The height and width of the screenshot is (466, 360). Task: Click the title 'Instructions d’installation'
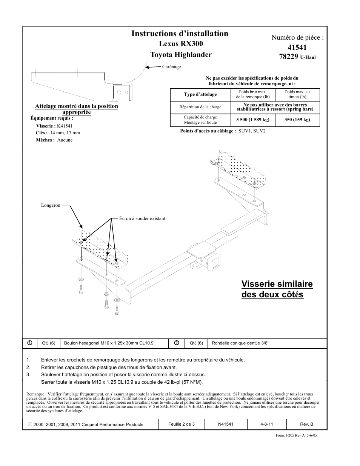(x=180, y=34)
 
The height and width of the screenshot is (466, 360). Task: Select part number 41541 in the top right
(x=297, y=48)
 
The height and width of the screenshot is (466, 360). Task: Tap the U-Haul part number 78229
(x=289, y=57)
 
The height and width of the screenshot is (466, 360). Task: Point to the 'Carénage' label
(x=171, y=67)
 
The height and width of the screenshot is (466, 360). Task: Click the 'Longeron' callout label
(x=51, y=206)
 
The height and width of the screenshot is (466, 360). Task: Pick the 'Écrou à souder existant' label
(x=142, y=218)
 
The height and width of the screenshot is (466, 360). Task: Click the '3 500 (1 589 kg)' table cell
(x=252, y=120)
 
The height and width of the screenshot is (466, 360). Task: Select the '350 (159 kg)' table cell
(x=297, y=120)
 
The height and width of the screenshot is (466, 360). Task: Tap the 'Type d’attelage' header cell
(x=200, y=94)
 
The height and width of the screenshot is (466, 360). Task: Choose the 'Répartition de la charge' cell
(x=200, y=107)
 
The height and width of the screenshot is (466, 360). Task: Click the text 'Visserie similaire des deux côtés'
(x=277, y=289)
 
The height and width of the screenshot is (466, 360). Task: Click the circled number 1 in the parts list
(x=29, y=343)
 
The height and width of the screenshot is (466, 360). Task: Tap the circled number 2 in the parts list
(x=176, y=343)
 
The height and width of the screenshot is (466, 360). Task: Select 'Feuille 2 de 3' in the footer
(x=182, y=424)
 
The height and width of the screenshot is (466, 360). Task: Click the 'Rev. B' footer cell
(x=306, y=424)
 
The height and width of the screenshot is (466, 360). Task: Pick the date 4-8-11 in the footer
(x=266, y=424)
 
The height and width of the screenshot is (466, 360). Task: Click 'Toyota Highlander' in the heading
(x=181, y=55)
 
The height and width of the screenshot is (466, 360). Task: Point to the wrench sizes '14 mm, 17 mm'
(x=65, y=133)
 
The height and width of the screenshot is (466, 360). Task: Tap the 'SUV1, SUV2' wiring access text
(x=252, y=131)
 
